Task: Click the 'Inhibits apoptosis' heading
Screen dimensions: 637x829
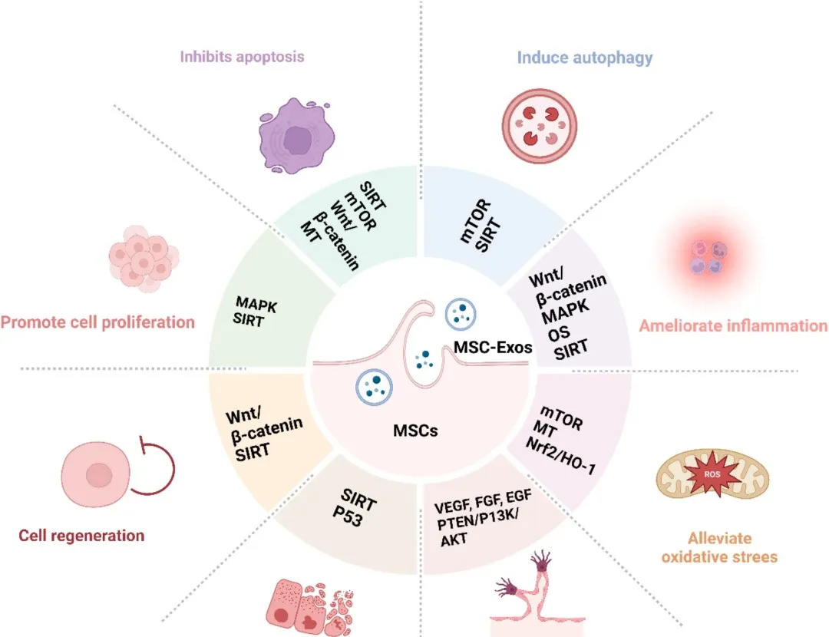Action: pyautogui.click(x=242, y=57)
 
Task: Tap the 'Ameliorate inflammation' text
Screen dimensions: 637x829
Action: pyautogui.click(x=734, y=325)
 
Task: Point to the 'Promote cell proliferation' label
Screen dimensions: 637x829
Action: pyautogui.click(x=97, y=322)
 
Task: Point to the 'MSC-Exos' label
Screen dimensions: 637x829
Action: pyautogui.click(x=494, y=347)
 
